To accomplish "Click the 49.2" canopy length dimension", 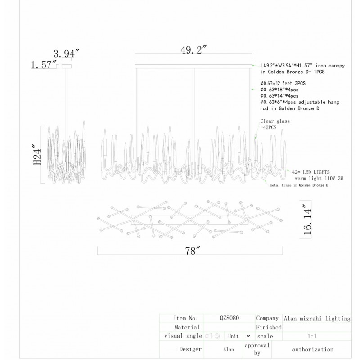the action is [193, 50].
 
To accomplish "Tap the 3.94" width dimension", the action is [66, 54].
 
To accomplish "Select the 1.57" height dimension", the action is [44, 65].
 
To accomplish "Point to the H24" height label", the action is [38, 154].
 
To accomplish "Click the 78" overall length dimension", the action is [193, 251].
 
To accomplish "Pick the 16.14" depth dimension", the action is [308, 220].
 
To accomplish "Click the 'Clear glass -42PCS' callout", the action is [275, 124].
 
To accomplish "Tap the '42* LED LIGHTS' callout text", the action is [311, 172].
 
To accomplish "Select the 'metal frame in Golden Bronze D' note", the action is [299, 185].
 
